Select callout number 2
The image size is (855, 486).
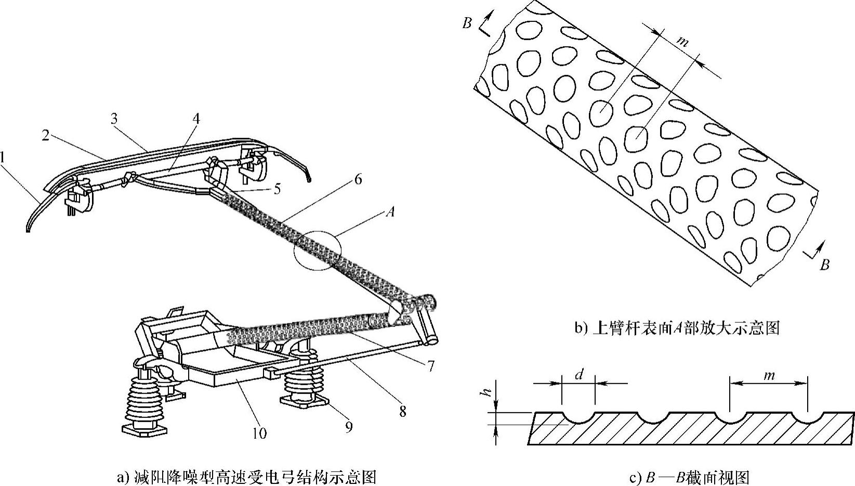click(46, 136)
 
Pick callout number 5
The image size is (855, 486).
click(277, 189)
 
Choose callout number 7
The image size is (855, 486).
click(431, 366)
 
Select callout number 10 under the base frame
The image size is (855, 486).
click(259, 432)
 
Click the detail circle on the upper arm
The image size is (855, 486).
click(317, 251)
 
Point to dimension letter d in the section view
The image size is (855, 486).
click(579, 374)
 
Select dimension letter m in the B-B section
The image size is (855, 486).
click(770, 374)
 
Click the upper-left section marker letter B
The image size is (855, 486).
click(467, 23)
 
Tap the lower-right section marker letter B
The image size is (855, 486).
click(824, 265)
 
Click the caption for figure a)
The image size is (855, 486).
click(247, 477)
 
